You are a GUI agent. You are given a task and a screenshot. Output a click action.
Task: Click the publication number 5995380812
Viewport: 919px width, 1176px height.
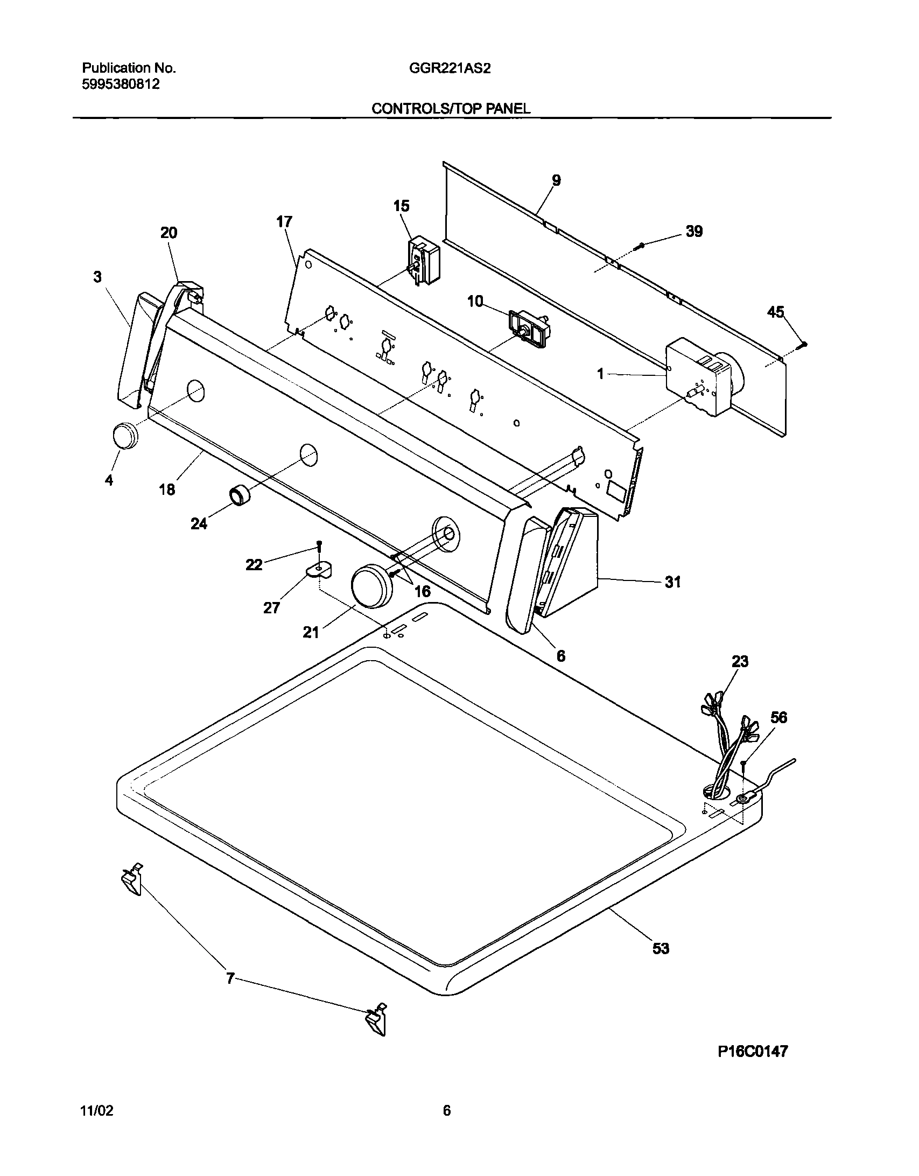click(121, 85)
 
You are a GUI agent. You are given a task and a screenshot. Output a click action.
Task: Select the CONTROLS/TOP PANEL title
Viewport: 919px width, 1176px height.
click(451, 108)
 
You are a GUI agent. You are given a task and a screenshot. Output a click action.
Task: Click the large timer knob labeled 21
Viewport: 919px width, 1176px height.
click(371, 586)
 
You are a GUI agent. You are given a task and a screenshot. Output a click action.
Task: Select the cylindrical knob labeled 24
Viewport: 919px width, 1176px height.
click(241, 495)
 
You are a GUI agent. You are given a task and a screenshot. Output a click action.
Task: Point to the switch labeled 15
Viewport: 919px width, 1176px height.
click(424, 261)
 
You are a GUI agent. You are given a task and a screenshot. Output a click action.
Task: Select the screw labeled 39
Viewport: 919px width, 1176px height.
click(640, 246)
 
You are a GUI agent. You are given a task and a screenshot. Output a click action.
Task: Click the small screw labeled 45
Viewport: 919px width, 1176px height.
click(804, 344)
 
